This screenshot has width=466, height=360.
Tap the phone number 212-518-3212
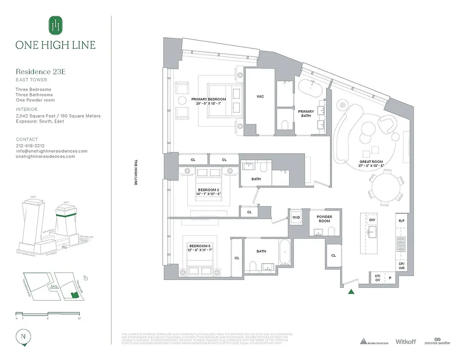click(30, 146)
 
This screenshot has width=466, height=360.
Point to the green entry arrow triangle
click(351, 292)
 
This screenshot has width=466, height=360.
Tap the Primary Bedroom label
click(208, 99)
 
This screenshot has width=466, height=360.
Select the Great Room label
click(371, 162)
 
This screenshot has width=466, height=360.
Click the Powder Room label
click(324, 219)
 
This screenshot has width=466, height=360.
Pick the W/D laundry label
click(296, 217)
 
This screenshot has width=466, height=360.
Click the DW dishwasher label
click(372, 220)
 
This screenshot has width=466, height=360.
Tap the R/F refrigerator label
click(401, 221)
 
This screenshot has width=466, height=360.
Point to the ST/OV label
click(377, 278)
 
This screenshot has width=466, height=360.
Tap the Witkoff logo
click(406, 342)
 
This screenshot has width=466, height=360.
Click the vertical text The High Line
click(134, 173)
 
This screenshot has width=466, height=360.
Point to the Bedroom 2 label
click(208, 190)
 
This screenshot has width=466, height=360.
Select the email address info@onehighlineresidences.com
click(52, 151)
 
